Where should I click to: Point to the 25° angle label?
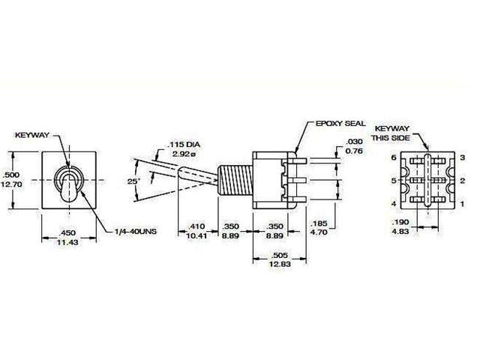(134, 181)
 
